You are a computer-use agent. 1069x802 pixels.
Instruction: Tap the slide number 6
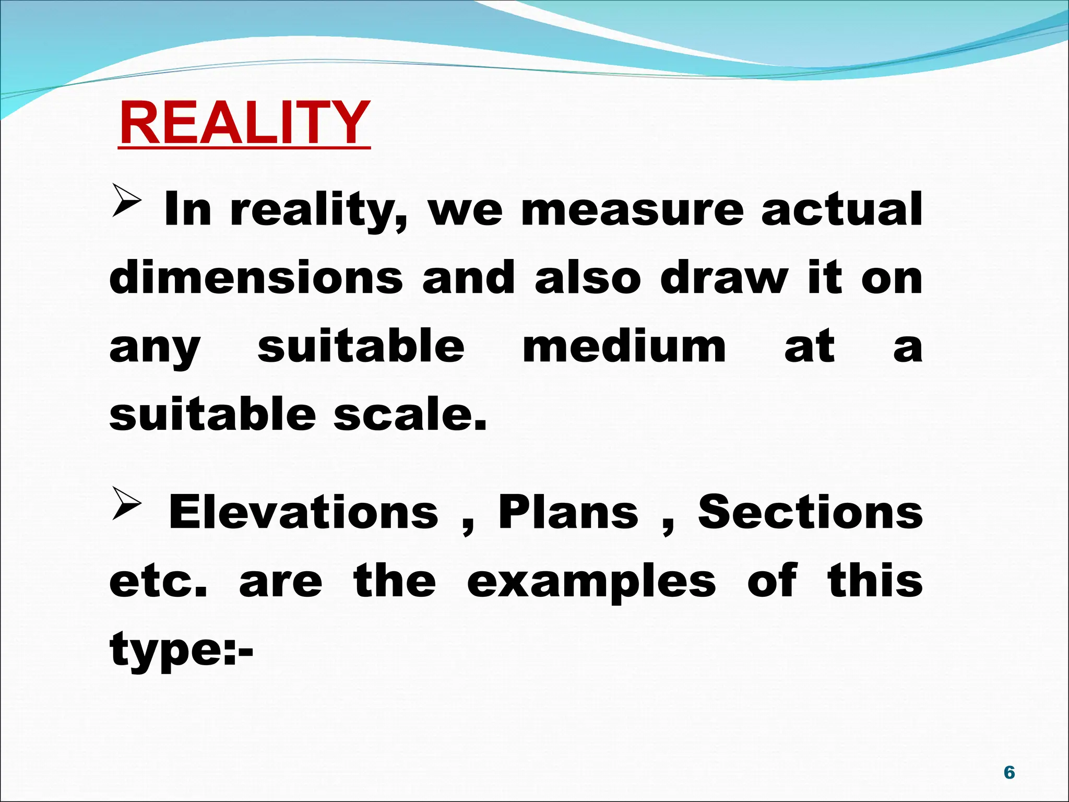click(1009, 772)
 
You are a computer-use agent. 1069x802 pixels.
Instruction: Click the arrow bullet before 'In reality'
click(126, 202)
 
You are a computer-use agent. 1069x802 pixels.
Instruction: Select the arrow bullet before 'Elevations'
click(126, 504)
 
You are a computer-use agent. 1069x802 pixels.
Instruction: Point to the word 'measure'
click(632, 210)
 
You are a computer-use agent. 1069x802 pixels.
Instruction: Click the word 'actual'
click(841, 210)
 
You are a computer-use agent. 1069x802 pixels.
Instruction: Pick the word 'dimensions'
click(256, 278)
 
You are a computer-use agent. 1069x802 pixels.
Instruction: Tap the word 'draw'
click(724, 278)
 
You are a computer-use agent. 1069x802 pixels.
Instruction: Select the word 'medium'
click(624, 347)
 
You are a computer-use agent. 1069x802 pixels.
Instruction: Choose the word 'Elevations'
click(303, 513)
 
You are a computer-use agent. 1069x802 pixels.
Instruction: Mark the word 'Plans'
click(568, 513)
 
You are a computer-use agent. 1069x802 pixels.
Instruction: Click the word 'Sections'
click(811, 513)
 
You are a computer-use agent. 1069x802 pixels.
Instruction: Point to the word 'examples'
click(591, 582)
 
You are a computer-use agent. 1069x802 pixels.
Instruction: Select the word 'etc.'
click(158, 582)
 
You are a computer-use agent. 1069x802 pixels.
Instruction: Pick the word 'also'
click(588, 278)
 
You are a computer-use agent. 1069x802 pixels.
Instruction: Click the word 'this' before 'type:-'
click(875, 581)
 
